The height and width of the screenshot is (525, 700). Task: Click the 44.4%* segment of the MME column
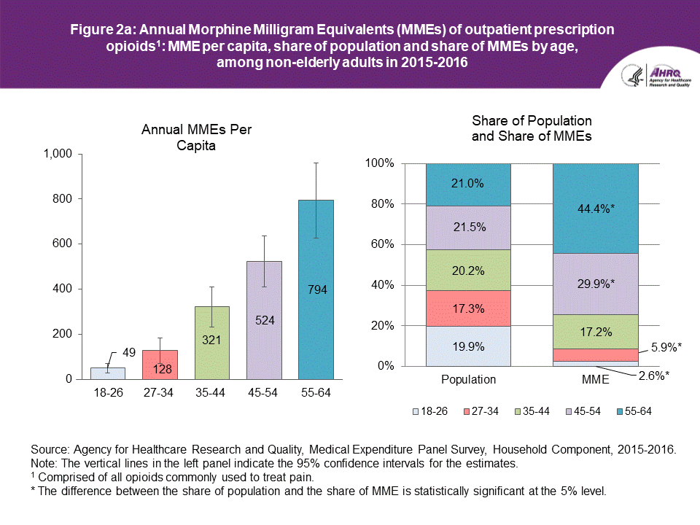596,209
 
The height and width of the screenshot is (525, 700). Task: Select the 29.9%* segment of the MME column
596,284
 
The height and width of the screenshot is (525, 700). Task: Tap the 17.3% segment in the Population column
468,308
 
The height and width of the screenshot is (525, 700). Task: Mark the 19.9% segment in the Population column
468,346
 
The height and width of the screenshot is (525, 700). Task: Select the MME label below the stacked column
596,380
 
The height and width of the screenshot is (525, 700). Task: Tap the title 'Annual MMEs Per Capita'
201,137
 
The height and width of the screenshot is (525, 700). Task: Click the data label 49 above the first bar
128,353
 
